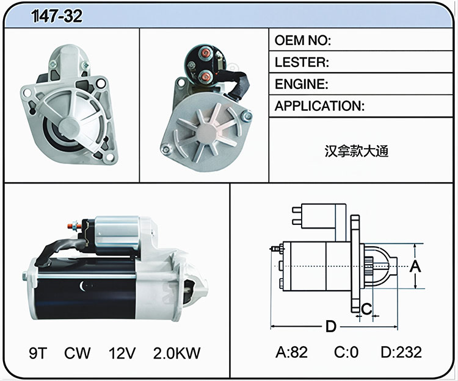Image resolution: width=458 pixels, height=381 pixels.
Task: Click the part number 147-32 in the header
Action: [x=57, y=16]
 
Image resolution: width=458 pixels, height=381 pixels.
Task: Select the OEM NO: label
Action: [x=303, y=40]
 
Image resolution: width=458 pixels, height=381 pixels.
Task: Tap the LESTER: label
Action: [x=302, y=62]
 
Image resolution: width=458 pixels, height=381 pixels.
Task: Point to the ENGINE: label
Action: [x=302, y=84]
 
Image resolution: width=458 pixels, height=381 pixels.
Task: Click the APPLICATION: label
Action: [x=319, y=106]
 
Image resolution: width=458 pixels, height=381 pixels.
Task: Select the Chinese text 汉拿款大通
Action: [x=357, y=151]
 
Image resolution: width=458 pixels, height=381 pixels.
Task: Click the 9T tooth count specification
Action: [x=38, y=353]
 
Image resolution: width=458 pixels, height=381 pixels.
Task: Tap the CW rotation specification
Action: [x=77, y=353]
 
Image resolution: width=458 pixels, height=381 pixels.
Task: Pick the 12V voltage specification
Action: [x=122, y=353]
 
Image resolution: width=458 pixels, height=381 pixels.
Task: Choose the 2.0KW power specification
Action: [x=176, y=353]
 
